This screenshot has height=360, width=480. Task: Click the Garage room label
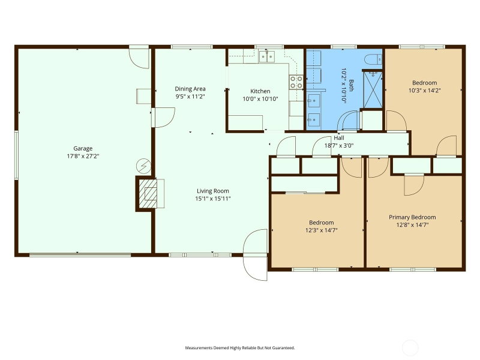(83, 148)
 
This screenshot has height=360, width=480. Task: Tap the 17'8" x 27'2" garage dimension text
(83, 156)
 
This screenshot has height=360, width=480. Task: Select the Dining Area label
(190, 89)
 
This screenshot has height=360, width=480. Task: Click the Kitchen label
(260, 91)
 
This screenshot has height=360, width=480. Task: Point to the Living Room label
(213, 191)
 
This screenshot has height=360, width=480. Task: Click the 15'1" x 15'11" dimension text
(213, 199)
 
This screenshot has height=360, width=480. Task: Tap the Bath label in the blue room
(351, 85)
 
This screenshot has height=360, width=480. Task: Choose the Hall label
(339, 138)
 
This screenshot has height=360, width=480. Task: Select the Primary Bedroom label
(412, 217)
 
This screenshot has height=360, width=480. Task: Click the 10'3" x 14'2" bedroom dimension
(424, 91)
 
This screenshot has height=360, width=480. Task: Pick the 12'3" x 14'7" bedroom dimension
(322, 230)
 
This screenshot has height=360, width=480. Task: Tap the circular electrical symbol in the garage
(143, 166)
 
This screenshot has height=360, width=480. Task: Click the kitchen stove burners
(296, 82)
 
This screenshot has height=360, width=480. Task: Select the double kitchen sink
(267, 56)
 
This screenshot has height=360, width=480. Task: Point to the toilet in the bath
(373, 59)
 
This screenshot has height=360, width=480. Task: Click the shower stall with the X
(373, 89)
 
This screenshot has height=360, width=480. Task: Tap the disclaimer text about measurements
(239, 348)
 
